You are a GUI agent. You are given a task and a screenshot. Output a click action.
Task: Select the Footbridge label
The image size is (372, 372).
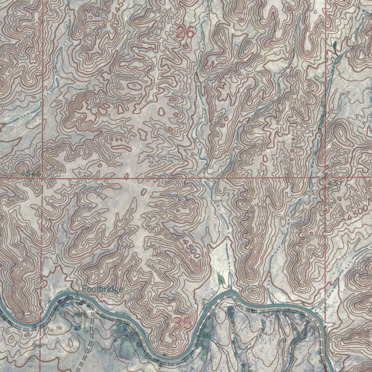coord(102,289)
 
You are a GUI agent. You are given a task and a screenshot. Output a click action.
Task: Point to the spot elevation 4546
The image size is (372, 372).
coord(31,174)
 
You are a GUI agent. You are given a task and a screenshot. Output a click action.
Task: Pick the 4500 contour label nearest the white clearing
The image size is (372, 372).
coord(191,249)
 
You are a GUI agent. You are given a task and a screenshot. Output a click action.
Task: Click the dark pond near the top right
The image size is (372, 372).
coord(334,45)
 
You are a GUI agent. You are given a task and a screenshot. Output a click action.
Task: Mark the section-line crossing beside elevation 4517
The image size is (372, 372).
coord(325,178)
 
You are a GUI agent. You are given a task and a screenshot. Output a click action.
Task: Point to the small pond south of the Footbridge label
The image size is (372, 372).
coord(77,328)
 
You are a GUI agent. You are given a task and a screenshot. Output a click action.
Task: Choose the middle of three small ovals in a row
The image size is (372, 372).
coord(117,139)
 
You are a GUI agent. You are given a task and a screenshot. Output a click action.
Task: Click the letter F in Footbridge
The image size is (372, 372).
coord(84,289)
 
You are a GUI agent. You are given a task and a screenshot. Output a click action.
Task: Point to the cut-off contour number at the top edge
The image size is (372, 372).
coord(118,5)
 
